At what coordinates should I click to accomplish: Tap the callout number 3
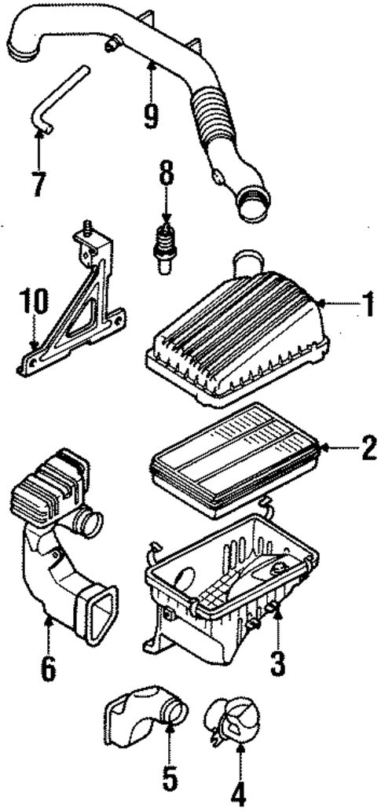pyautogui.click(x=279, y=663)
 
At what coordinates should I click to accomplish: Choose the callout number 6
pyautogui.click(x=48, y=669)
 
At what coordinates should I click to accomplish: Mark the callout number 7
pyautogui.click(x=38, y=183)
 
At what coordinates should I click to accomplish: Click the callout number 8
pyautogui.click(x=167, y=175)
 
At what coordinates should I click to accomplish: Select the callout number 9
pyautogui.click(x=151, y=116)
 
